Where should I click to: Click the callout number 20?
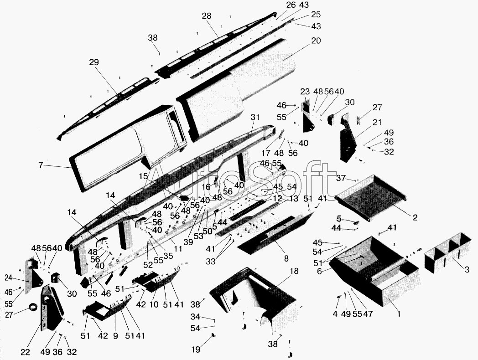[x=316, y=41]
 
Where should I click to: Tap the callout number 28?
[x=207, y=16]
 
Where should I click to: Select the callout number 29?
[x=94, y=62]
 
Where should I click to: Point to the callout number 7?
[x=41, y=165]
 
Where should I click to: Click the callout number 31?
[x=255, y=117]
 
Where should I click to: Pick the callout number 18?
[x=294, y=271]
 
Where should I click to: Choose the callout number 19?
[x=196, y=350]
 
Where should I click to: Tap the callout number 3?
[x=466, y=269]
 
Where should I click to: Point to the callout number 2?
[x=415, y=217]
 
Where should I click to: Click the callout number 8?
[x=286, y=258]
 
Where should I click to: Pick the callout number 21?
[x=377, y=122]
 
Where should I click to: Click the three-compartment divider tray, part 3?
[x=448, y=253]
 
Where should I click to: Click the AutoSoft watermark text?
[x=242, y=180]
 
